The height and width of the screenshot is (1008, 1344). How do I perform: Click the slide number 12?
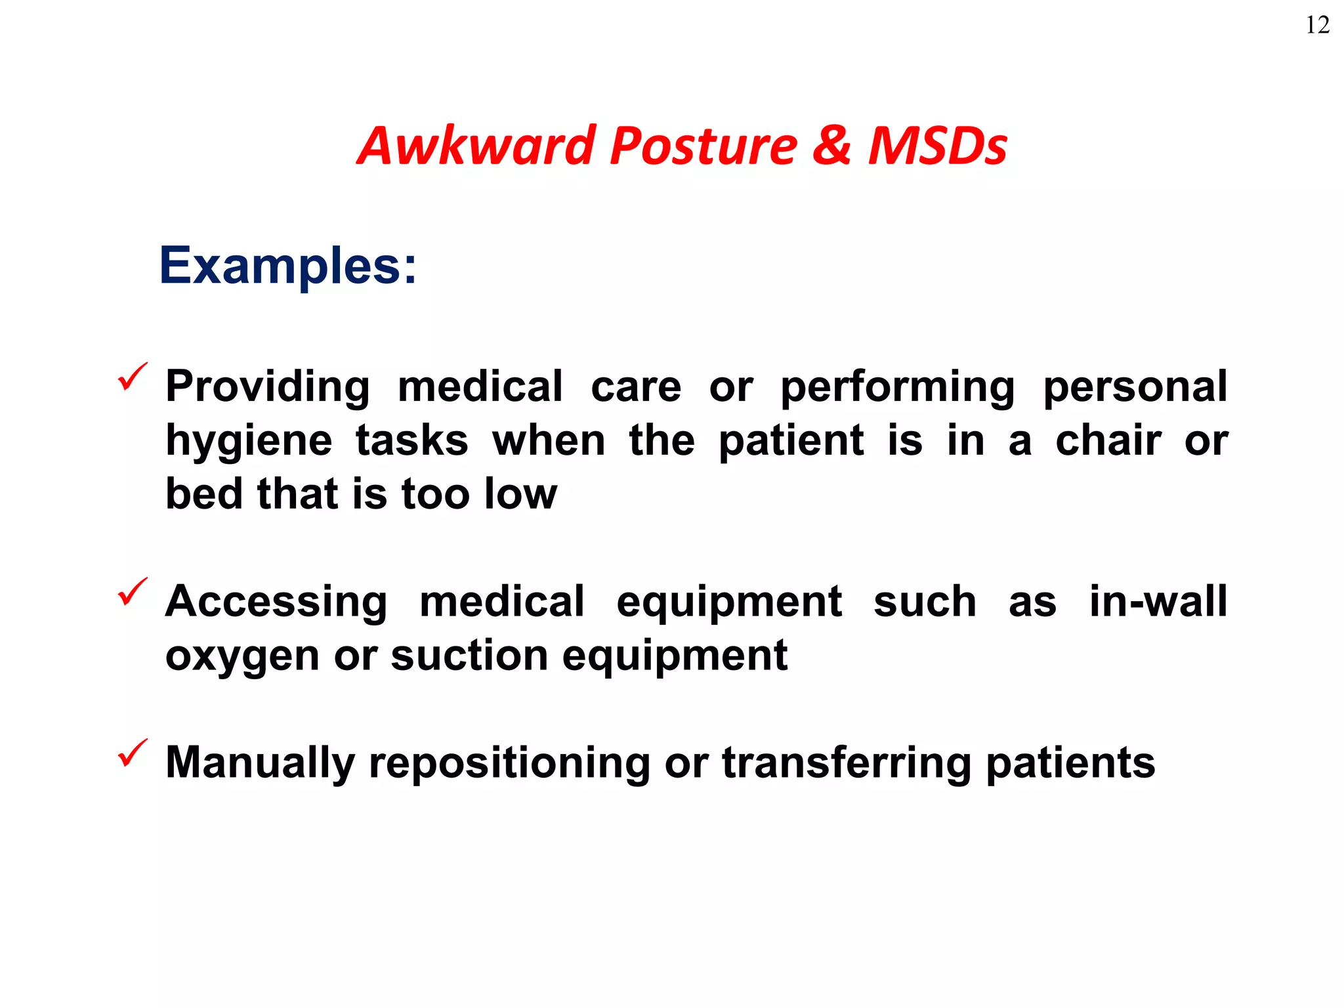point(1317,25)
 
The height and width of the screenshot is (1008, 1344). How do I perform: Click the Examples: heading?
point(287,266)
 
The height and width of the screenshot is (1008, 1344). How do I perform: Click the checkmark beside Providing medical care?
point(132,377)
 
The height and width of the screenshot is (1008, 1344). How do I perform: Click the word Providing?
point(268,387)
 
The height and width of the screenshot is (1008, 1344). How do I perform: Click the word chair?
point(1108,440)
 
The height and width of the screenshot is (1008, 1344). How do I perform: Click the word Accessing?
point(276,602)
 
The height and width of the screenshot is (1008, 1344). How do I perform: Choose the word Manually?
point(260,763)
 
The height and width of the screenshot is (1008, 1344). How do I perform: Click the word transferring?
point(846,763)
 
